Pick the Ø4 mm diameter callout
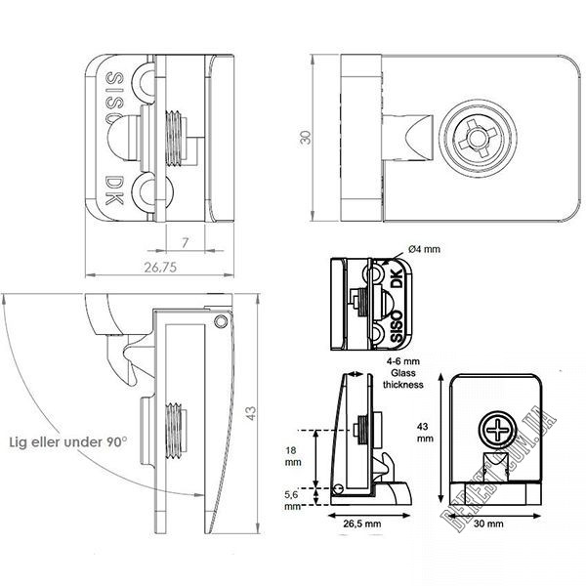point(423,250)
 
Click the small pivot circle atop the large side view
point(222,320)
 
